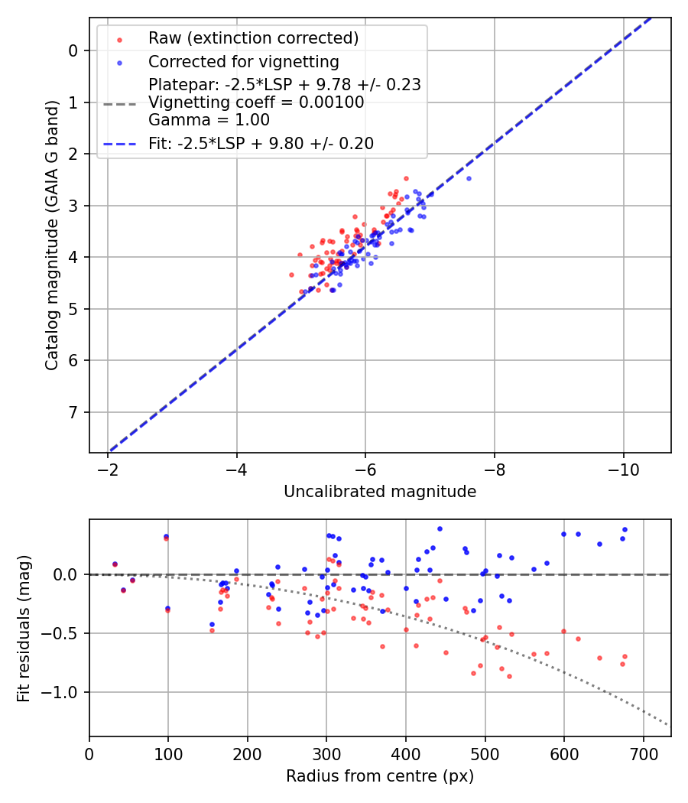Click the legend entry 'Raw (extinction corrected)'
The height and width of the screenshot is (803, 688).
click(x=253, y=38)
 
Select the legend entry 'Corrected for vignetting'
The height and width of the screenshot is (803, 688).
click(x=243, y=61)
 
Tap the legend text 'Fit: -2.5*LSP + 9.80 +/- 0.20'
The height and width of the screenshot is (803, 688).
click(x=261, y=143)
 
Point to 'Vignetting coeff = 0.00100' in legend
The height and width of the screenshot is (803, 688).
click(x=256, y=102)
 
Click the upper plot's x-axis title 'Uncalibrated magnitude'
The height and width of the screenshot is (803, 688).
click(x=380, y=492)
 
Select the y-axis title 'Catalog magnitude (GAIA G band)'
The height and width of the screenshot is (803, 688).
click(x=52, y=233)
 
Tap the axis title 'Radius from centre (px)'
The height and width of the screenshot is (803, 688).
click(x=380, y=776)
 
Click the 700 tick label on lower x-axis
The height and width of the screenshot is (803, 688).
click(x=643, y=753)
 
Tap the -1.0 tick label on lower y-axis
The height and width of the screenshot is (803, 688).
click(x=64, y=693)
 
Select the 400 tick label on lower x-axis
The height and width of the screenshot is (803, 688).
click(x=406, y=753)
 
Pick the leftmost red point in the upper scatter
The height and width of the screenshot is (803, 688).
click(x=291, y=275)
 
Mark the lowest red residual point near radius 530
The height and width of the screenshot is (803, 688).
click(x=405, y=676)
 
